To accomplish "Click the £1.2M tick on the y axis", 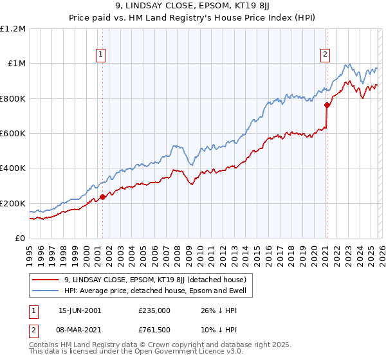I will pos(14,28).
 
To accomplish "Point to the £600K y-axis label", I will pos(14,134).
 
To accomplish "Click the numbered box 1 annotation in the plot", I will pos(102,55).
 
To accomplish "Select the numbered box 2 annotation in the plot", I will pos(326,55).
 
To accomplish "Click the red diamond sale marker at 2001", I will pos(102,197).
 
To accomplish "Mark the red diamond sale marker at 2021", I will pos(327,105).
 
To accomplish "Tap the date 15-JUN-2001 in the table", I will pos(80,310).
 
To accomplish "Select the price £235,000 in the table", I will pos(154,310).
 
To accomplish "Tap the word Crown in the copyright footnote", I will pos(162,346).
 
